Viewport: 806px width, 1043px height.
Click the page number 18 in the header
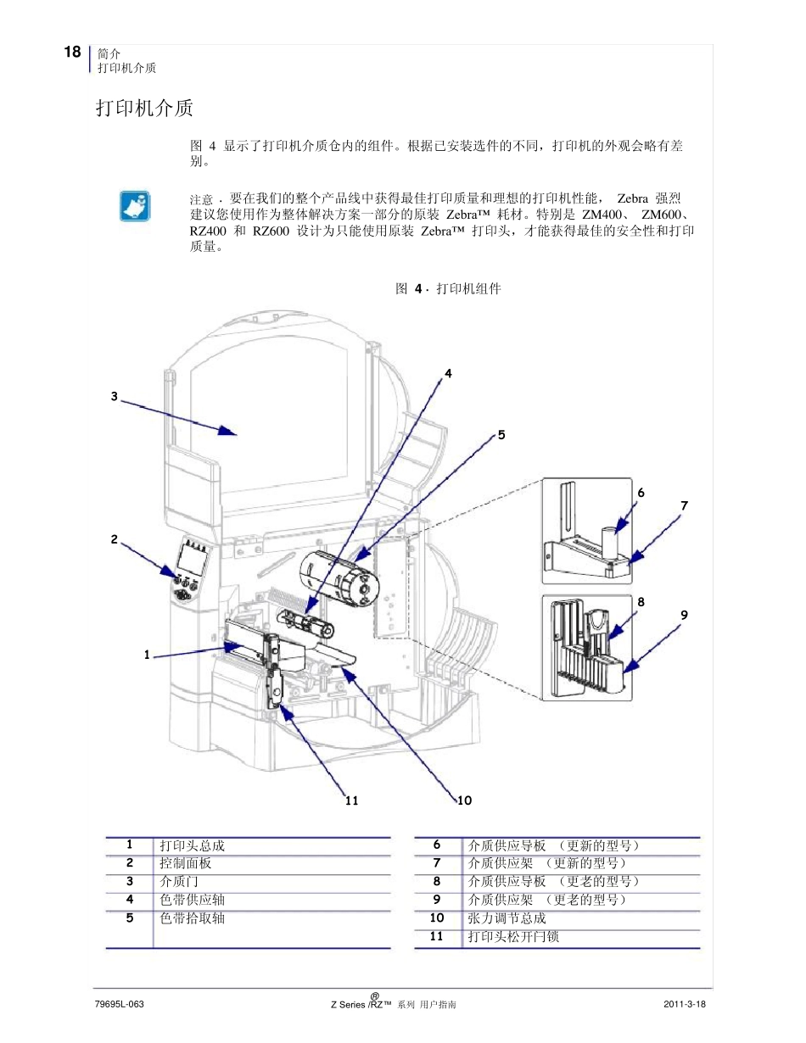[72, 53]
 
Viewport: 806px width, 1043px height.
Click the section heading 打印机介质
[144, 108]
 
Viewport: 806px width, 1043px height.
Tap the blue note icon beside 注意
[134, 206]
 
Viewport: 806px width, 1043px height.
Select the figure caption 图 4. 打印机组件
[448, 289]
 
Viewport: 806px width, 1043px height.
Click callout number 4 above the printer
[448, 372]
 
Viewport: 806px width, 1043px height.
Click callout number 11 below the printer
[352, 800]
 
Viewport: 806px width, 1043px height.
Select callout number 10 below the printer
[464, 800]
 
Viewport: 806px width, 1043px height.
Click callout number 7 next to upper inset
[684, 505]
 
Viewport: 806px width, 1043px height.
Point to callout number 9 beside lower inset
[684, 615]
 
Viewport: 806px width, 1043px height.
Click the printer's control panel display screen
[194, 560]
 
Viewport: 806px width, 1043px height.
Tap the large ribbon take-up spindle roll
[335, 577]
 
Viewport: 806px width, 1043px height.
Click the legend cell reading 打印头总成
[193, 845]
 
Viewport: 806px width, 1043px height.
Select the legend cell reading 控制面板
[186, 863]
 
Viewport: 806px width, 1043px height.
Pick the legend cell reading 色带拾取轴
[193, 918]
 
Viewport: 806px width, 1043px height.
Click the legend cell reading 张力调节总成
[507, 918]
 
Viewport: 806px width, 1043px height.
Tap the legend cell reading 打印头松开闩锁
[513, 937]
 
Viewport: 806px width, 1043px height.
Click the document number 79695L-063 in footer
[120, 1004]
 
